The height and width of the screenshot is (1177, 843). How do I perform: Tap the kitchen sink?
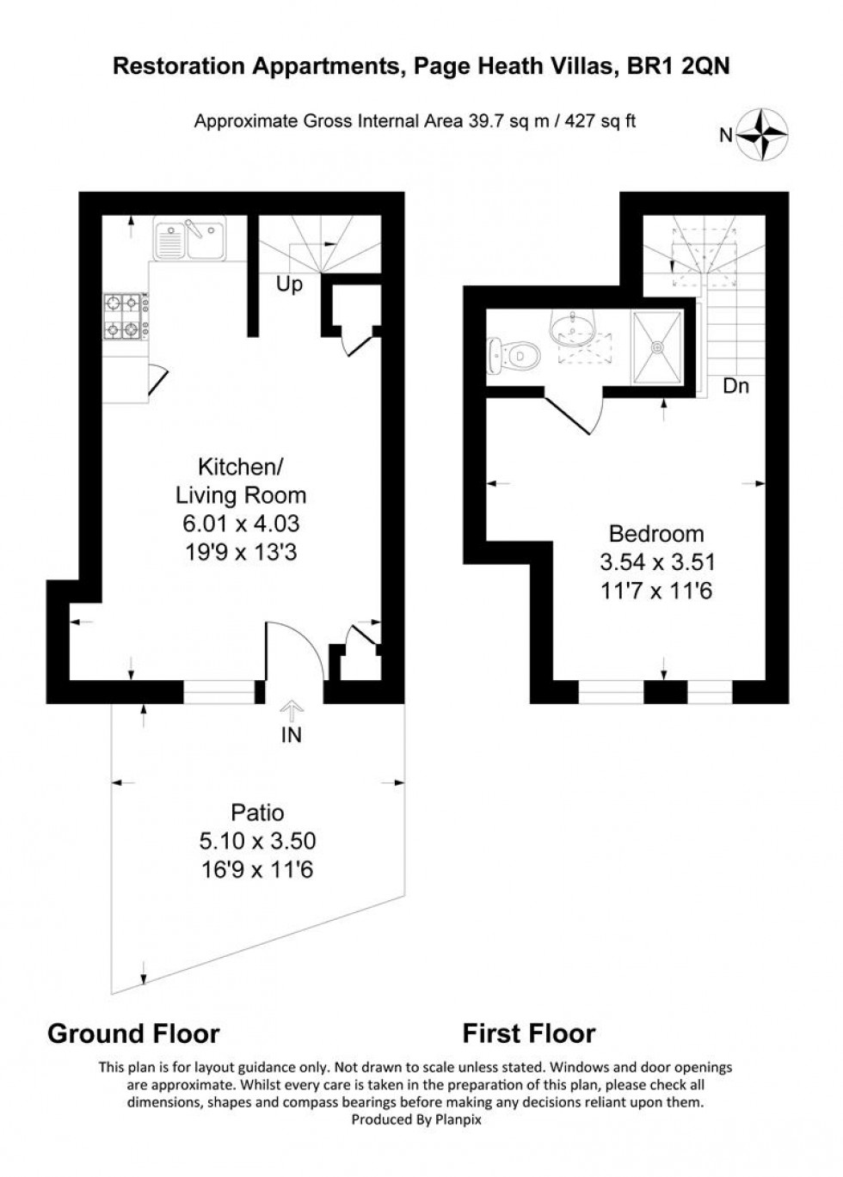[x=189, y=238]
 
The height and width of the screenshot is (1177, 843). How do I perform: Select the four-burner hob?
[x=123, y=316]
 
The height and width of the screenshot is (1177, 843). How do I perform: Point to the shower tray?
[x=658, y=347]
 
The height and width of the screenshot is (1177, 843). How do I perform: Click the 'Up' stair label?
[x=289, y=284]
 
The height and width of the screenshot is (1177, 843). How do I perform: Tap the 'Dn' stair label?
[x=735, y=386]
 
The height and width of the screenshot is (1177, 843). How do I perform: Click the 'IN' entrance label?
[x=292, y=735]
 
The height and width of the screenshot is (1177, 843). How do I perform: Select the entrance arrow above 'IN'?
[x=292, y=709]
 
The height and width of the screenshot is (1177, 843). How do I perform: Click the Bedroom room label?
[x=656, y=533]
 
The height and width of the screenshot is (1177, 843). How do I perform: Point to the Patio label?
[x=257, y=812]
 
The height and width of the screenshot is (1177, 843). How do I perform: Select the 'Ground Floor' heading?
[x=133, y=1033]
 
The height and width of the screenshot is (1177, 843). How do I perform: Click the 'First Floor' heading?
[x=529, y=1033]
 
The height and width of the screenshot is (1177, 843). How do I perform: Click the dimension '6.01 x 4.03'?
[x=241, y=523]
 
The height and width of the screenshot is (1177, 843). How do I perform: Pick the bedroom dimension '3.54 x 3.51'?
[x=657, y=562]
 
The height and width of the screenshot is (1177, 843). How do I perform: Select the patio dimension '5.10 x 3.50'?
[x=257, y=841]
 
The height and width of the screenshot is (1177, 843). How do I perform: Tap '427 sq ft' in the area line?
[x=600, y=121]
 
